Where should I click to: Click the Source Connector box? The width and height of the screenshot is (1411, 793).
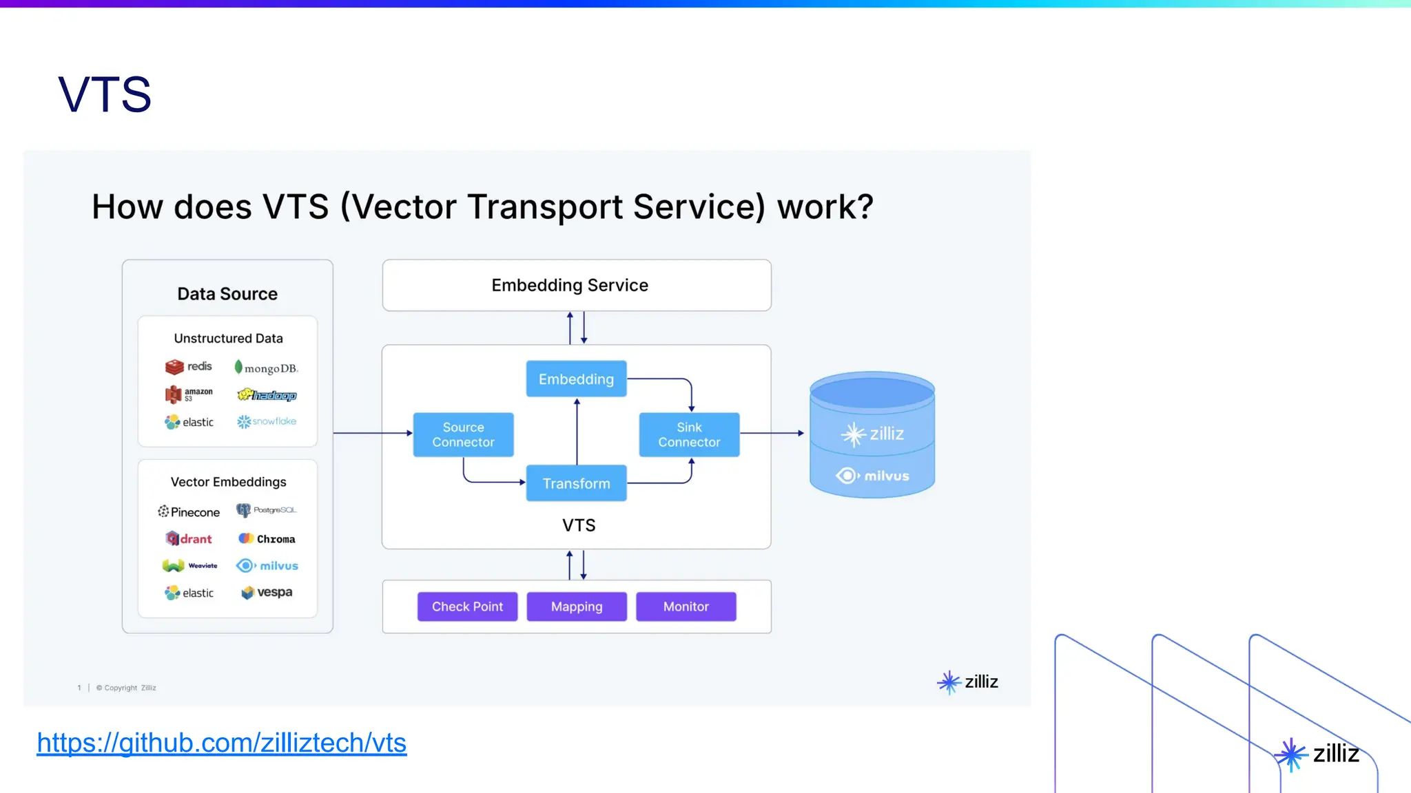coord(463,434)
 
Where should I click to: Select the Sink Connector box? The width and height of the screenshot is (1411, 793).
coord(689,434)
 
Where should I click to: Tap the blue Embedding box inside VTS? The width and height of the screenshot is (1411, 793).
coord(576,379)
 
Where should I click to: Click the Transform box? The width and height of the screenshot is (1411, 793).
coord(576,483)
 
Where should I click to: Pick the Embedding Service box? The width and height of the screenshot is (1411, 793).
coord(576,285)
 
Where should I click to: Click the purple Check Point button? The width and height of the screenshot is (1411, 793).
coord(467,606)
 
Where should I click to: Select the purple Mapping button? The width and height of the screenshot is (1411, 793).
coord(577,606)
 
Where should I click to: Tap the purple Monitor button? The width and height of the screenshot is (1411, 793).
coord(686,606)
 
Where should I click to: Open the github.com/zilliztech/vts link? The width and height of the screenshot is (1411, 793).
coord(221,743)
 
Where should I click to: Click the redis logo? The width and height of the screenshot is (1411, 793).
coord(189,366)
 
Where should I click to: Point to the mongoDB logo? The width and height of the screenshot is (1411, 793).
coord(266,368)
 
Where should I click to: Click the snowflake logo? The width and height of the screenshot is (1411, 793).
coord(267,421)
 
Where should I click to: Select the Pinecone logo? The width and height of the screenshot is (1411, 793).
coord(189,511)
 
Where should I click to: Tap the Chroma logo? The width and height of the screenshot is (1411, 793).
coord(267,538)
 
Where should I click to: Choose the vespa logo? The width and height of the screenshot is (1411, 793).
coord(267,592)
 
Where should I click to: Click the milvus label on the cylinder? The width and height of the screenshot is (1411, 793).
coord(872,476)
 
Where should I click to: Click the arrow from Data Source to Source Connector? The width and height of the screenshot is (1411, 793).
coord(372,433)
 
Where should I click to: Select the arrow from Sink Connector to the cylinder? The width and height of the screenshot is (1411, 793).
coord(772,433)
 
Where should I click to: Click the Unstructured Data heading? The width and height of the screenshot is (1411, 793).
coord(228,338)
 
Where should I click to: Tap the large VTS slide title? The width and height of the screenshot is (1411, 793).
coord(105,95)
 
